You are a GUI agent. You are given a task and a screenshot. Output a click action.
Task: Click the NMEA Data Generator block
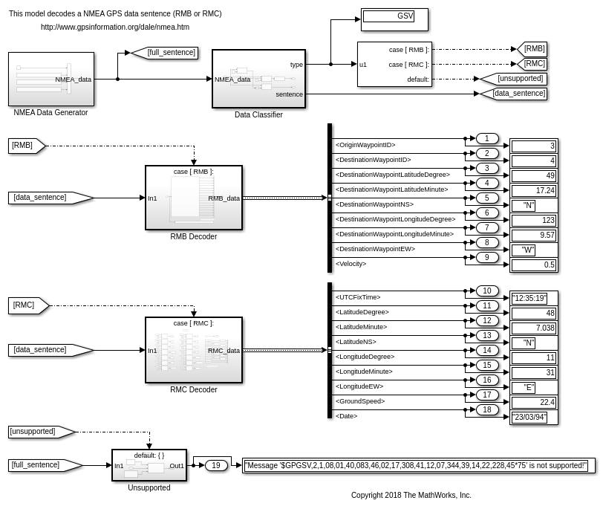[x=51, y=79]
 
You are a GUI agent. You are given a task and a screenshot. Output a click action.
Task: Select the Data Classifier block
[x=258, y=79]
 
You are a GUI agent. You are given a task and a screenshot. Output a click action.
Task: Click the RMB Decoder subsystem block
[x=194, y=198]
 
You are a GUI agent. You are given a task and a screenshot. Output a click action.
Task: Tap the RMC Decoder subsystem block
[x=194, y=350]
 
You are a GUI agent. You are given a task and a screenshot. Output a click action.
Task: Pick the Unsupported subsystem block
[x=149, y=465]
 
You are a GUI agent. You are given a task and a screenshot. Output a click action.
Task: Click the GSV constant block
[x=394, y=19]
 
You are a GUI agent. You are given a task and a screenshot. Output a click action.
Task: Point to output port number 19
[x=215, y=466]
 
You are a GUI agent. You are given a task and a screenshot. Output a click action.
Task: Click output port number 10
[x=486, y=291]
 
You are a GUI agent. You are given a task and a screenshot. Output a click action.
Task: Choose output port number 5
[x=486, y=198]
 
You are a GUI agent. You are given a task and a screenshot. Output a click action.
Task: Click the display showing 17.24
[x=533, y=191]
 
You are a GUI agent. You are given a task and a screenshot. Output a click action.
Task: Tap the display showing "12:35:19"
[x=529, y=299]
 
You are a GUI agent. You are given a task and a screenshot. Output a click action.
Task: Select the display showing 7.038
[x=533, y=328]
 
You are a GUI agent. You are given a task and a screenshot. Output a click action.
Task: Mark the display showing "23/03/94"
[x=529, y=418]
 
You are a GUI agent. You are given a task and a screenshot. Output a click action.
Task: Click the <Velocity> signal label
[x=351, y=264]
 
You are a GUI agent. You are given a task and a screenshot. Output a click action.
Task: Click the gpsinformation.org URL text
[x=115, y=27]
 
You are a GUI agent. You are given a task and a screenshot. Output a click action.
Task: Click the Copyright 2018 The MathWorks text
[x=411, y=495]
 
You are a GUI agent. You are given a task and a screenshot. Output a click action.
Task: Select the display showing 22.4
[x=533, y=403]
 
